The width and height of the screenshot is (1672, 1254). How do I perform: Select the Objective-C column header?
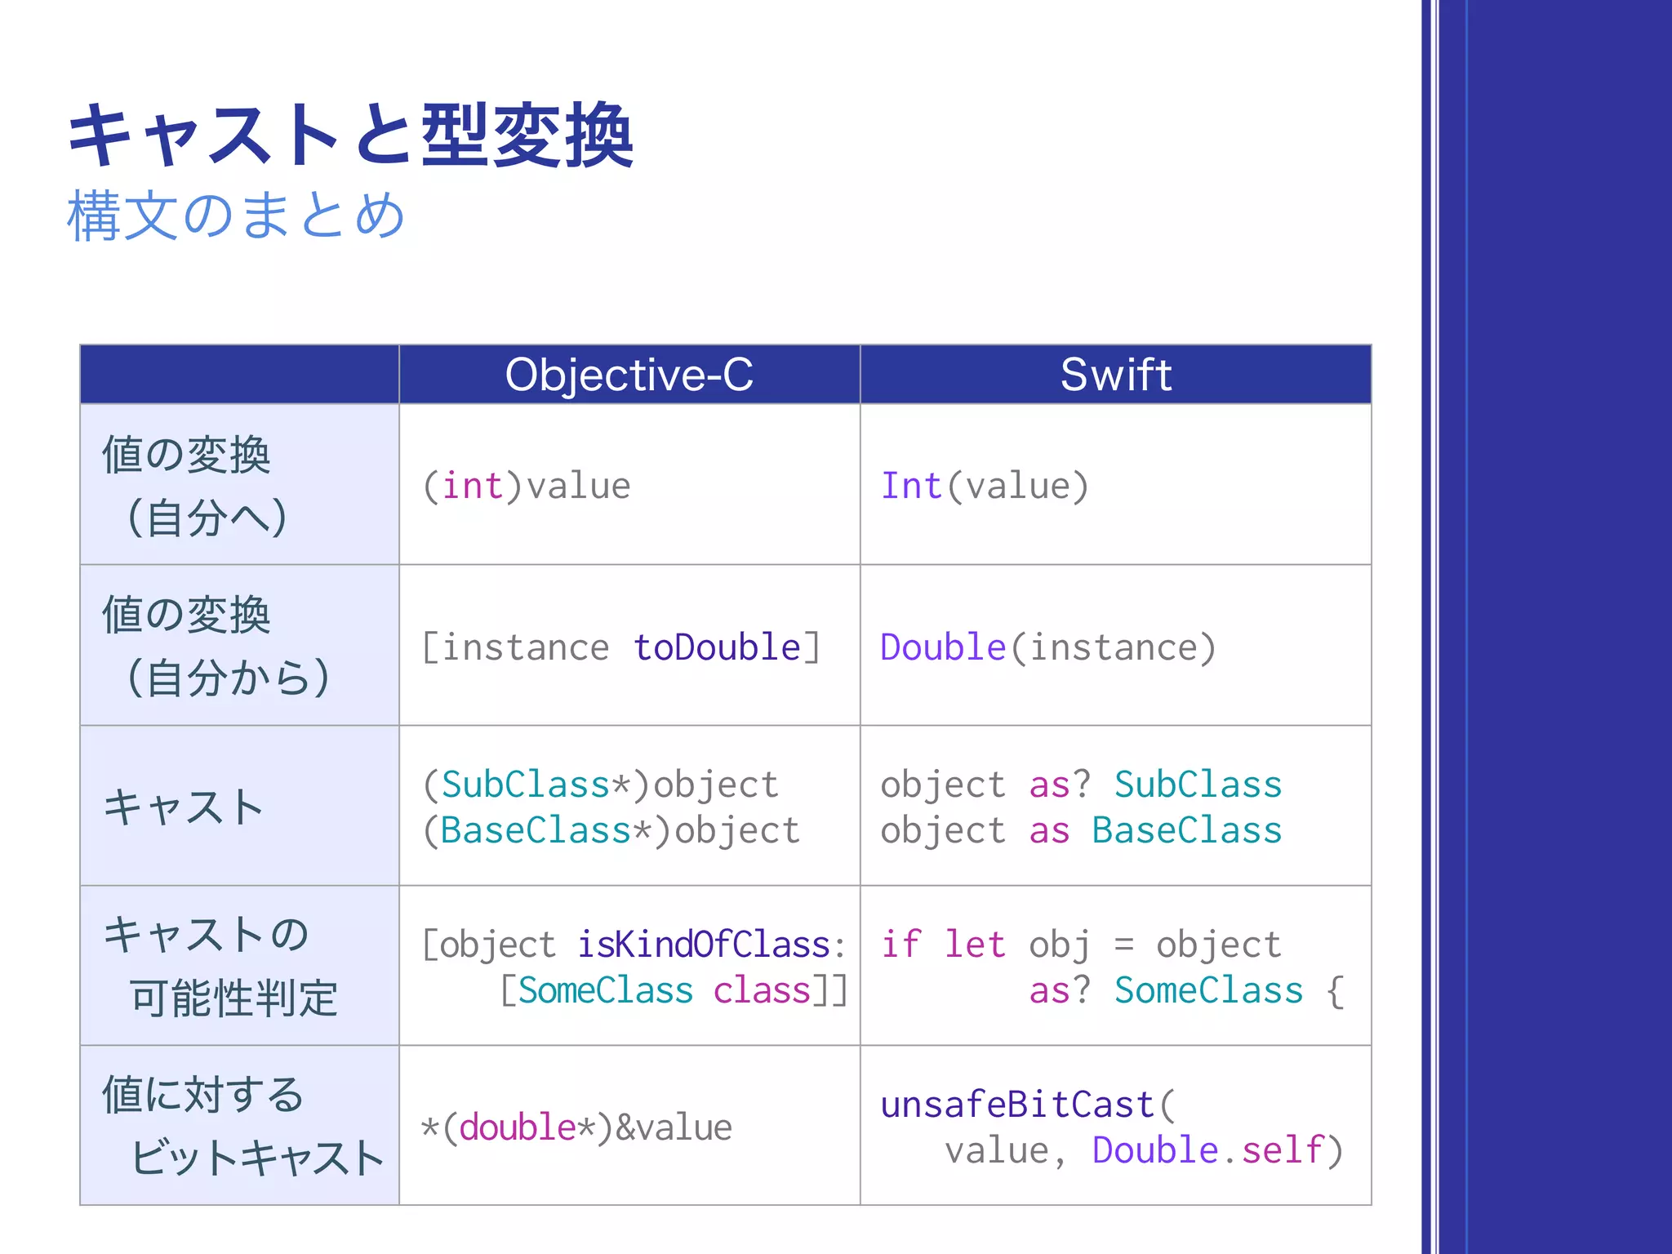pyautogui.click(x=629, y=375)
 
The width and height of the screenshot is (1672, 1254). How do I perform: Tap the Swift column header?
pyautogui.click(x=1115, y=375)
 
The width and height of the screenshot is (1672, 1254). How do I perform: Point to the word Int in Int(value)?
pyautogui.click(x=911, y=487)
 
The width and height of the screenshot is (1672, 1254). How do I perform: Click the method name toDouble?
pyautogui.click(x=718, y=647)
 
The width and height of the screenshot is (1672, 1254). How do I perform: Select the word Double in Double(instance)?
pyautogui.click(x=943, y=647)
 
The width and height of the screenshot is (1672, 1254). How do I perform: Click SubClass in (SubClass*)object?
pyautogui.click(x=526, y=785)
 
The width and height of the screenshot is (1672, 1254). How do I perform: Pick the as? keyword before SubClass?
pyautogui.click(x=1059, y=785)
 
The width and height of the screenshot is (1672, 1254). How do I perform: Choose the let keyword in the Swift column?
pyautogui.click(x=975, y=945)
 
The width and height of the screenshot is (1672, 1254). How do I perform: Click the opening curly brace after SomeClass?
pyautogui.click(x=1335, y=991)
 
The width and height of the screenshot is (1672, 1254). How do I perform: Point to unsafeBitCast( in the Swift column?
pyautogui.click(x=1028, y=1105)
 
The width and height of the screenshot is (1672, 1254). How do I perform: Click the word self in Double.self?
pyautogui.click(x=1283, y=1150)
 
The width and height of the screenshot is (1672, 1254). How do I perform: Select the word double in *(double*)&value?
pyautogui.click(x=518, y=1127)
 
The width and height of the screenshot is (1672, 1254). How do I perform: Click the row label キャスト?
pyautogui.click(x=184, y=807)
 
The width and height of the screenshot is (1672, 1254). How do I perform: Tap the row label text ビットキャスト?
pyautogui.click(x=257, y=1158)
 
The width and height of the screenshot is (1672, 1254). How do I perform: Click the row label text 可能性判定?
pyautogui.click(x=233, y=998)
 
